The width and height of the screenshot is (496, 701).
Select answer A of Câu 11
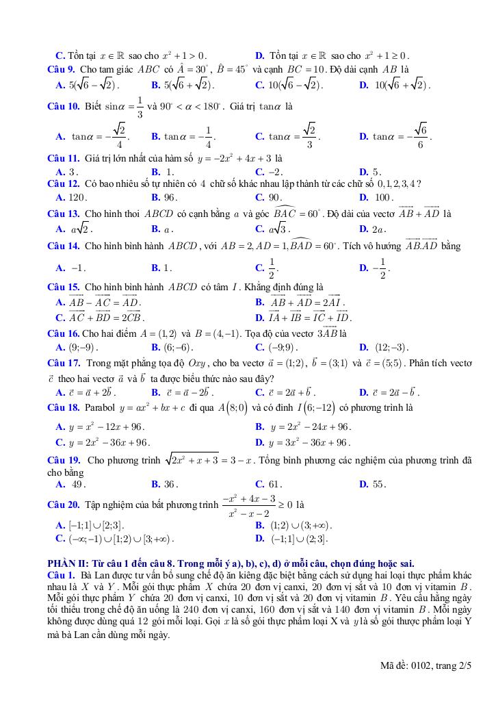(68, 172)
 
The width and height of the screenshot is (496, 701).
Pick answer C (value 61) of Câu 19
(268, 484)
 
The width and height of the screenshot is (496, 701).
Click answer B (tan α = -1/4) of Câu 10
(183, 137)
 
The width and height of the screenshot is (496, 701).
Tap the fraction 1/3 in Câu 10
(140, 107)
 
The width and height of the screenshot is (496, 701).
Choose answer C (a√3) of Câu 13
(273, 229)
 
